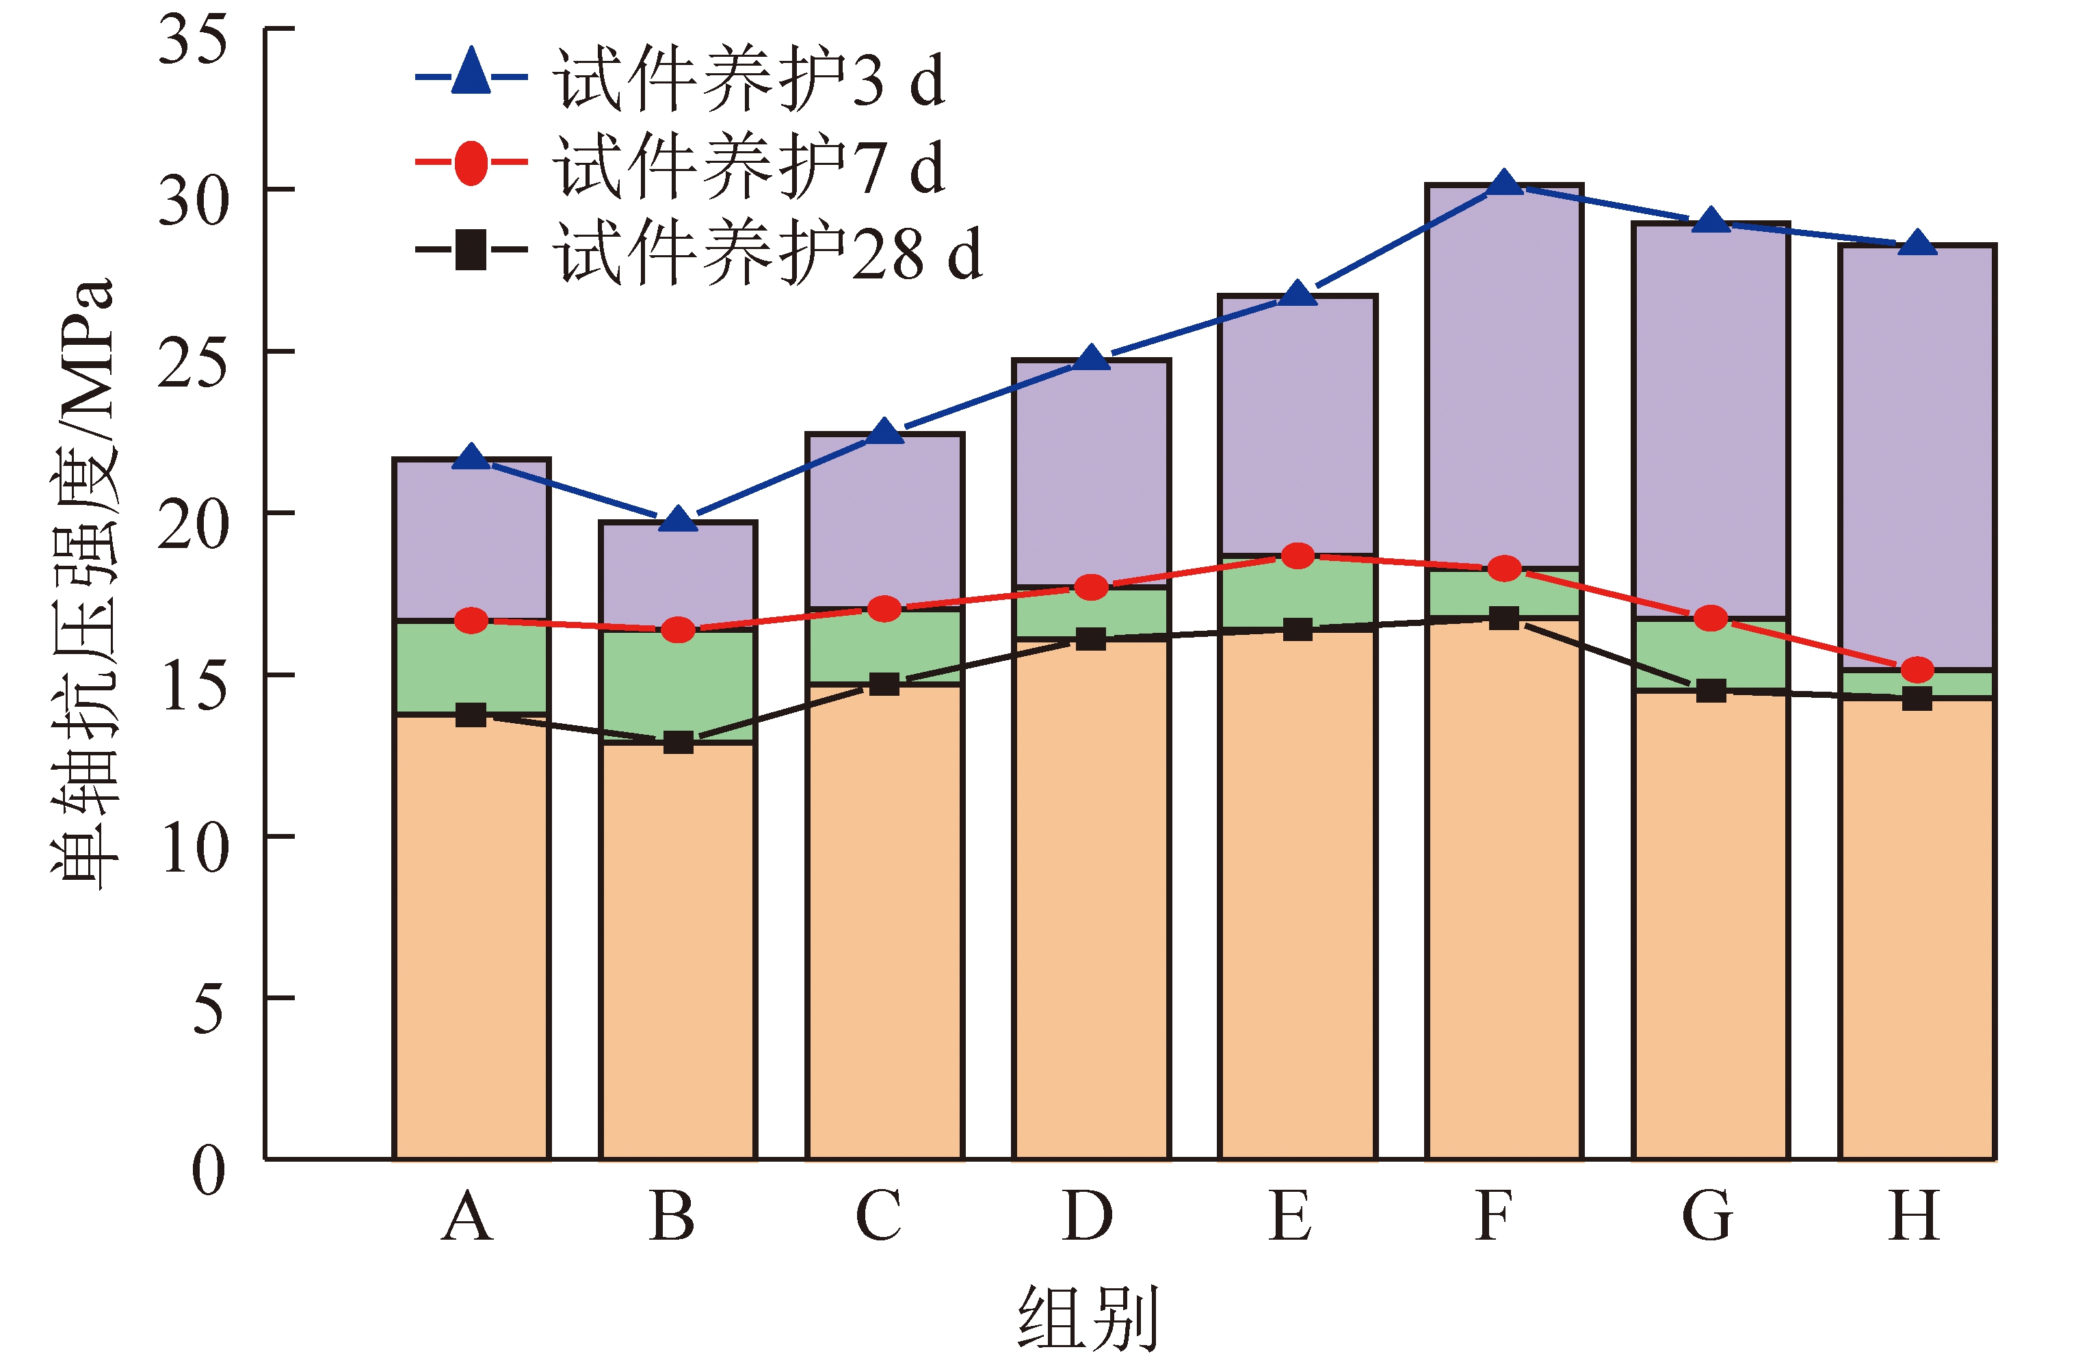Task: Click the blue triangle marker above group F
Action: point(1503,183)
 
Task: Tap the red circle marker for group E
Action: point(1298,556)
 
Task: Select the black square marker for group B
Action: point(678,742)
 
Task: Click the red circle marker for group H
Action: point(1917,670)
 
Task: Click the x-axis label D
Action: point(1088,1216)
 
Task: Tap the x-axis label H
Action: point(1915,1216)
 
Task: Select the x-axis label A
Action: point(468,1216)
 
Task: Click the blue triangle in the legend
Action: point(471,73)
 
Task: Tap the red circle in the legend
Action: point(471,162)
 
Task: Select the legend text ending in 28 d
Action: point(768,252)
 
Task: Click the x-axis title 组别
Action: point(1088,1317)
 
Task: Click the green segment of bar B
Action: point(678,686)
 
